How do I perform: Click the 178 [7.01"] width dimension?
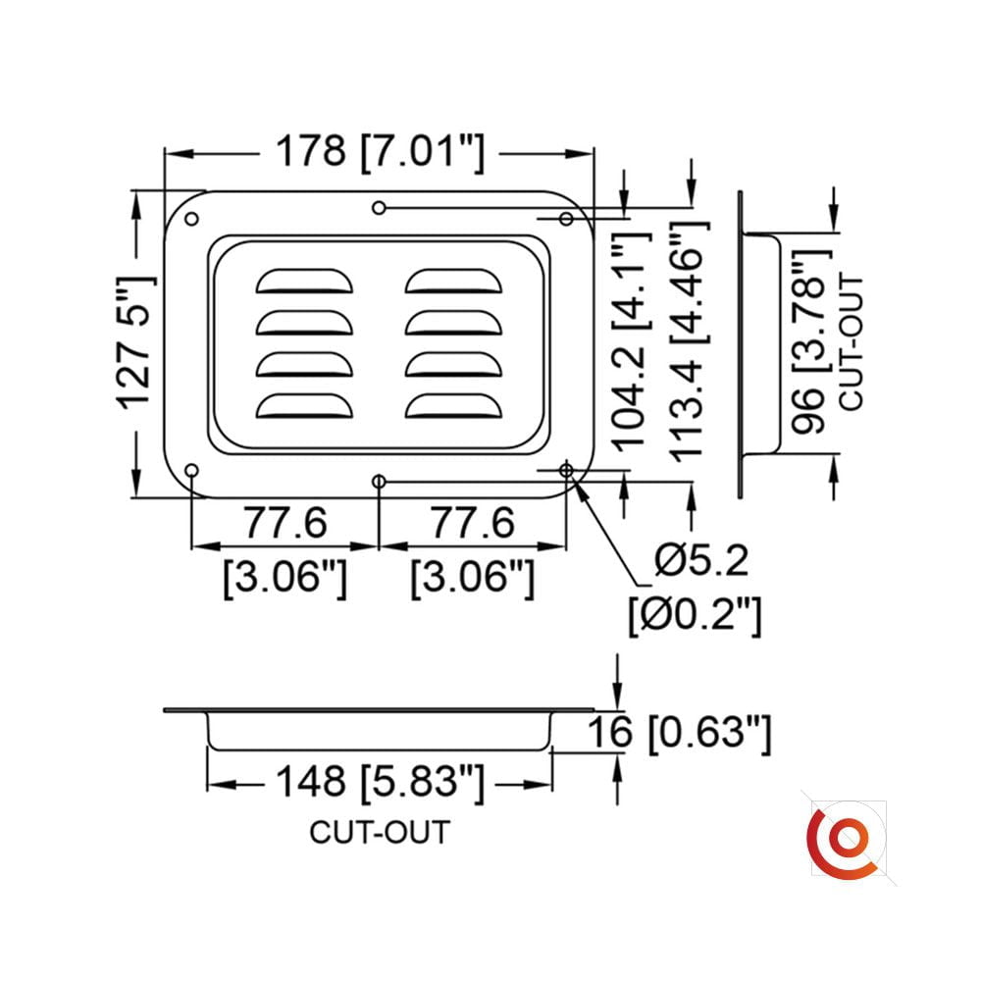tap(380, 152)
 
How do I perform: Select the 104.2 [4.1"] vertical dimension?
tap(631, 341)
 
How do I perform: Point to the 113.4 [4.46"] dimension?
tap(690, 341)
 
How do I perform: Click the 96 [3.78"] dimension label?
tap(811, 342)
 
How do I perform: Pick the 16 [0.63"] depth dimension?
tap(680, 733)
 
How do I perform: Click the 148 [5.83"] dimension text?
tap(380, 782)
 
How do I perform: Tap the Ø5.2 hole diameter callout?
tap(700, 560)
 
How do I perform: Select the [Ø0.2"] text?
tap(696, 616)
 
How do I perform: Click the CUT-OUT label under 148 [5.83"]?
tap(380, 833)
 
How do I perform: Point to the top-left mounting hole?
tap(192, 219)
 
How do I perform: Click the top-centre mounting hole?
tap(379, 208)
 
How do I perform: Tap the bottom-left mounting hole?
tap(192, 471)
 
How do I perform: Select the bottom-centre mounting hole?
tap(379, 481)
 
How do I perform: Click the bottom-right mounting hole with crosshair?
tap(566, 470)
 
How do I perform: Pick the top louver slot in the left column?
tap(304, 282)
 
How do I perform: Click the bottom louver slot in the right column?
tap(453, 406)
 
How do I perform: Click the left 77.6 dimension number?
tap(285, 523)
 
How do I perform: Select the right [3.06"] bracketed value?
tap(473, 579)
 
